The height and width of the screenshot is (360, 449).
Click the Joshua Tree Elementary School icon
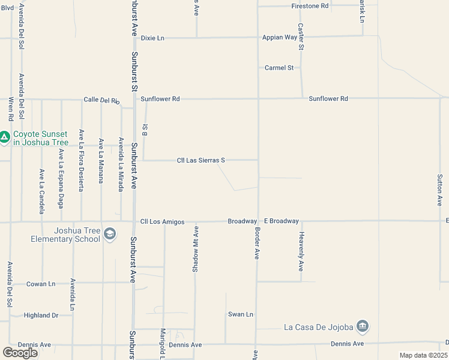pyautogui.click(x=109, y=233)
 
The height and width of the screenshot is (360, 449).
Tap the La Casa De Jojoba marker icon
pyautogui.click(x=362, y=326)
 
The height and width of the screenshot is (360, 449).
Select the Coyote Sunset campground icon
pyautogui.click(x=5, y=138)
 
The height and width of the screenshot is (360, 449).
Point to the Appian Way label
pyautogui.click(x=280, y=37)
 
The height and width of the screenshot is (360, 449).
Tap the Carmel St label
pyautogui.click(x=279, y=68)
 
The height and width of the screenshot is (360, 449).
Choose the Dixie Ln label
pyautogui.click(x=152, y=38)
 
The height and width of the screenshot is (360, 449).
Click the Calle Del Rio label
pyautogui.click(x=101, y=100)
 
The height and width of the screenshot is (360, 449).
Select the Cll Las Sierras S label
pyautogui.click(x=200, y=160)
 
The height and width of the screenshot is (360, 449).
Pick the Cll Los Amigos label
pyautogui.click(x=162, y=222)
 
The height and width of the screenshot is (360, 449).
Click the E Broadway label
pyautogui.click(x=282, y=221)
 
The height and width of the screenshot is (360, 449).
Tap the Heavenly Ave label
pyautogui.click(x=301, y=251)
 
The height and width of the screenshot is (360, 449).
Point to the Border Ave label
pyautogui.click(x=257, y=243)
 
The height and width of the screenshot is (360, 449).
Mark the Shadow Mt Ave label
pyautogui.click(x=195, y=250)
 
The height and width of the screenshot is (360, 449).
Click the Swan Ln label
pyautogui.click(x=241, y=314)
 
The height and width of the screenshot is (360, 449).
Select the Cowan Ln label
pyautogui.click(x=41, y=284)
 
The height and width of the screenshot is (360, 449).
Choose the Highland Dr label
pyautogui.click(x=41, y=315)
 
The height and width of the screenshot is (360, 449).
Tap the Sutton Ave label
pyautogui.click(x=439, y=191)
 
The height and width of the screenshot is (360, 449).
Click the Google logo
pyautogui.click(x=20, y=353)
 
